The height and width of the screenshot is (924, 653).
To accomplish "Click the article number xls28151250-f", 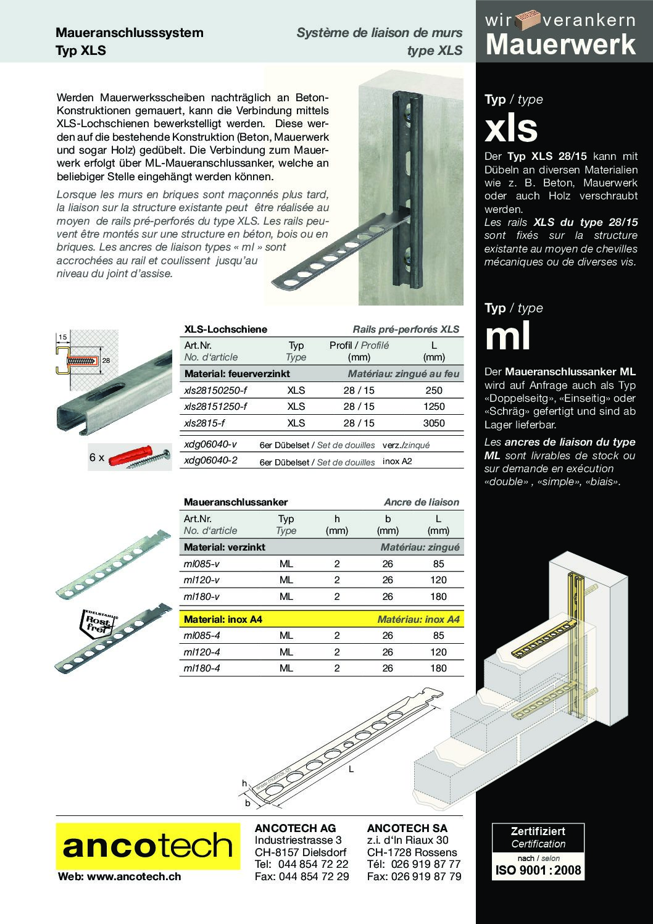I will pyautogui.click(x=215, y=407).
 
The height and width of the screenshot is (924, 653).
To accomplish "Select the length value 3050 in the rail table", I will pyautogui.click(x=435, y=423).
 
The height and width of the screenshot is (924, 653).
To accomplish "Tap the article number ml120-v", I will pyautogui.click(x=202, y=580).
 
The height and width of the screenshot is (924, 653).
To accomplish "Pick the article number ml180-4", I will pyautogui.click(x=202, y=668).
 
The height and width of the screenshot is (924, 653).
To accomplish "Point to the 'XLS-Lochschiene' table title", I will pyautogui.click(x=226, y=330).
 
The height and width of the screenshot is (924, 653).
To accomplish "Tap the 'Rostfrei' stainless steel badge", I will pyautogui.click(x=96, y=624).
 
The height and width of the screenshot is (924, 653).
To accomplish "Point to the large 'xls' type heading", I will pyautogui.click(x=511, y=128).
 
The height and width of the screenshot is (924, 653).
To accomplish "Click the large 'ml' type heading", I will pyautogui.click(x=508, y=337).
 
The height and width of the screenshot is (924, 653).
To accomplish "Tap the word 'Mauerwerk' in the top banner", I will pyautogui.click(x=561, y=45).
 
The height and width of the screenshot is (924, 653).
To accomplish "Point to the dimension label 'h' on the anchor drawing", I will pyautogui.click(x=244, y=783).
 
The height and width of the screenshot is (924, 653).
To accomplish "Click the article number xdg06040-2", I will pyautogui.click(x=210, y=460).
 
